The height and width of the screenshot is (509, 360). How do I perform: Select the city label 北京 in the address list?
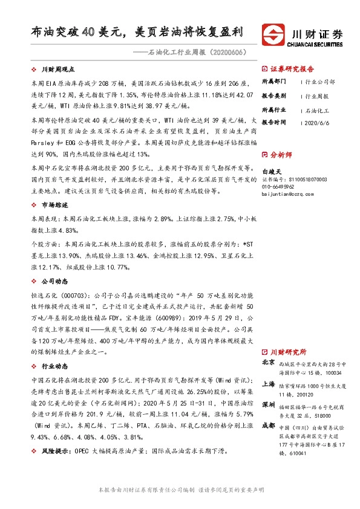(269, 363)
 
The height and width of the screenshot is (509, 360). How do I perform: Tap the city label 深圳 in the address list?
(269, 403)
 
